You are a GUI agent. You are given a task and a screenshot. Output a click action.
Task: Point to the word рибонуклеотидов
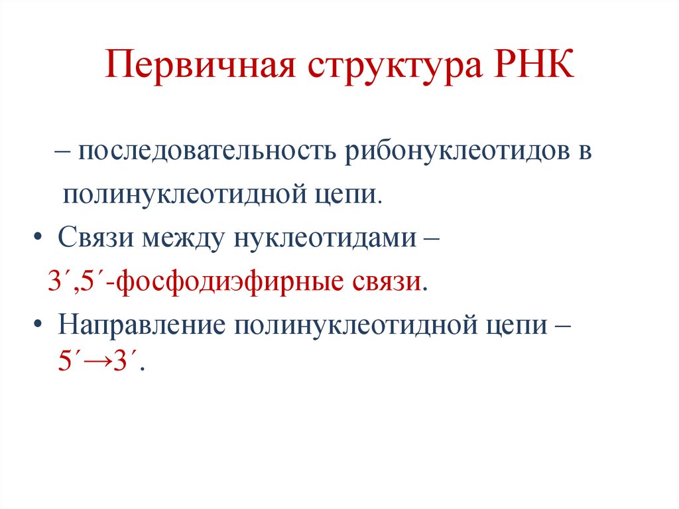coord(457,153)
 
